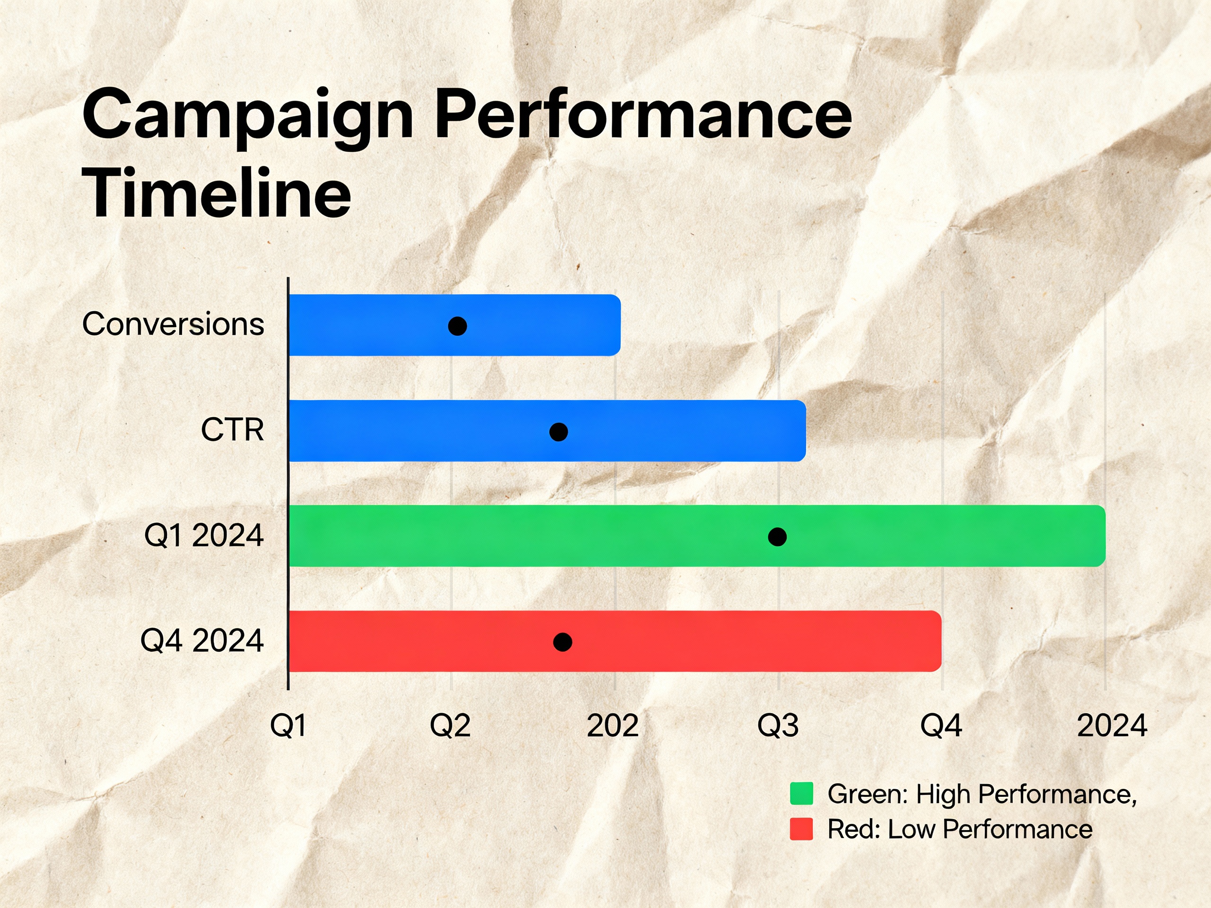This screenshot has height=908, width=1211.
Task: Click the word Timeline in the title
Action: click(x=217, y=193)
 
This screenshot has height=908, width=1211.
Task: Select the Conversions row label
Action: click(x=173, y=324)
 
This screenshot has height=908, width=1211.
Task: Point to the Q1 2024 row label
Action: click(x=204, y=535)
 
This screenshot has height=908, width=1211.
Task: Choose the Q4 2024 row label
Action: click(x=202, y=641)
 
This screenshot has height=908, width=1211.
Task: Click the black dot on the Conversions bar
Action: click(x=457, y=326)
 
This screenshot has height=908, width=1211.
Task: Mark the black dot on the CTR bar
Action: click(x=558, y=432)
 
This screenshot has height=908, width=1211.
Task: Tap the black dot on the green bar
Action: click(x=777, y=537)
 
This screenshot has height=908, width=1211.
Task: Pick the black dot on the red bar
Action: click(x=563, y=642)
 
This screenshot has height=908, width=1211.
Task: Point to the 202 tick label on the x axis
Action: click(x=613, y=726)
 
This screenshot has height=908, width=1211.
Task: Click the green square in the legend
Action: click(x=801, y=794)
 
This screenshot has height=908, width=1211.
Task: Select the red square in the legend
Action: click(x=801, y=829)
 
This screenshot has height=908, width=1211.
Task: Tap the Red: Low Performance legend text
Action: click(x=960, y=829)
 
